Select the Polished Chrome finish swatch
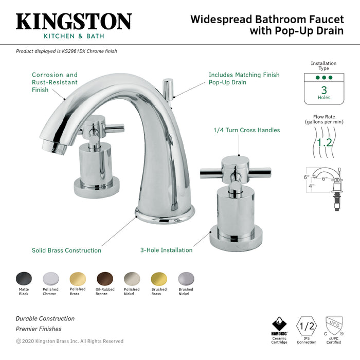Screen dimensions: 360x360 [x=50, y=278]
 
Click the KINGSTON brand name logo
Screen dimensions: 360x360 [x=74, y=22]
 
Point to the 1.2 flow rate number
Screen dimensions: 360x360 [x=324, y=141]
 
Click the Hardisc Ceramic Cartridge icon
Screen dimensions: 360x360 [x=279, y=326]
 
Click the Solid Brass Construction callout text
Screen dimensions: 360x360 [x=66, y=250]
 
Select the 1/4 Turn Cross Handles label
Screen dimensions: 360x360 [x=247, y=130]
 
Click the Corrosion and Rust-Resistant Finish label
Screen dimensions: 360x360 [x=55, y=82]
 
